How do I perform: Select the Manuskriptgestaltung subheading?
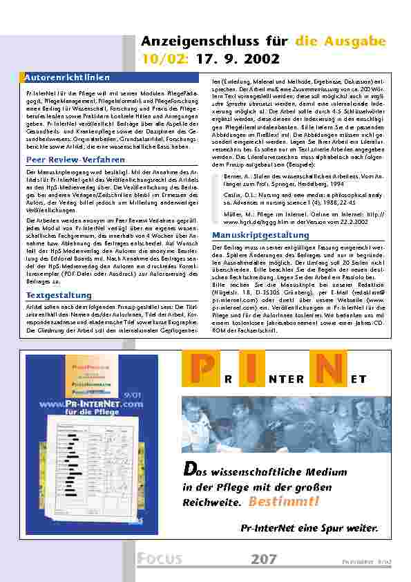coord(251,235)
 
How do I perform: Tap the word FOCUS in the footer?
coord(159,559)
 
